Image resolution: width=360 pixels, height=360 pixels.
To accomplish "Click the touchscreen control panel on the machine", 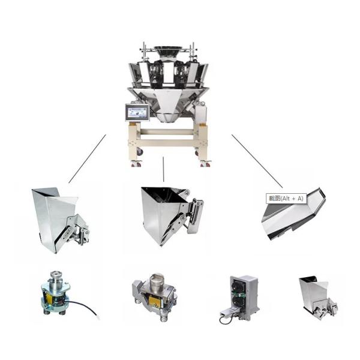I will (x=137, y=112).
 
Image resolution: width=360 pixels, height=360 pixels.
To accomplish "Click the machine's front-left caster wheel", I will (x=140, y=153).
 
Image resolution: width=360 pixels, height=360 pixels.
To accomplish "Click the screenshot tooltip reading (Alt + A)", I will (x=286, y=198).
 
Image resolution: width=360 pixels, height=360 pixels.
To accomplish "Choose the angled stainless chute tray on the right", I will (x=294, y=215).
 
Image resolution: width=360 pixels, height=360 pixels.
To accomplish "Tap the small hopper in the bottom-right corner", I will (x=316, y=295).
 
